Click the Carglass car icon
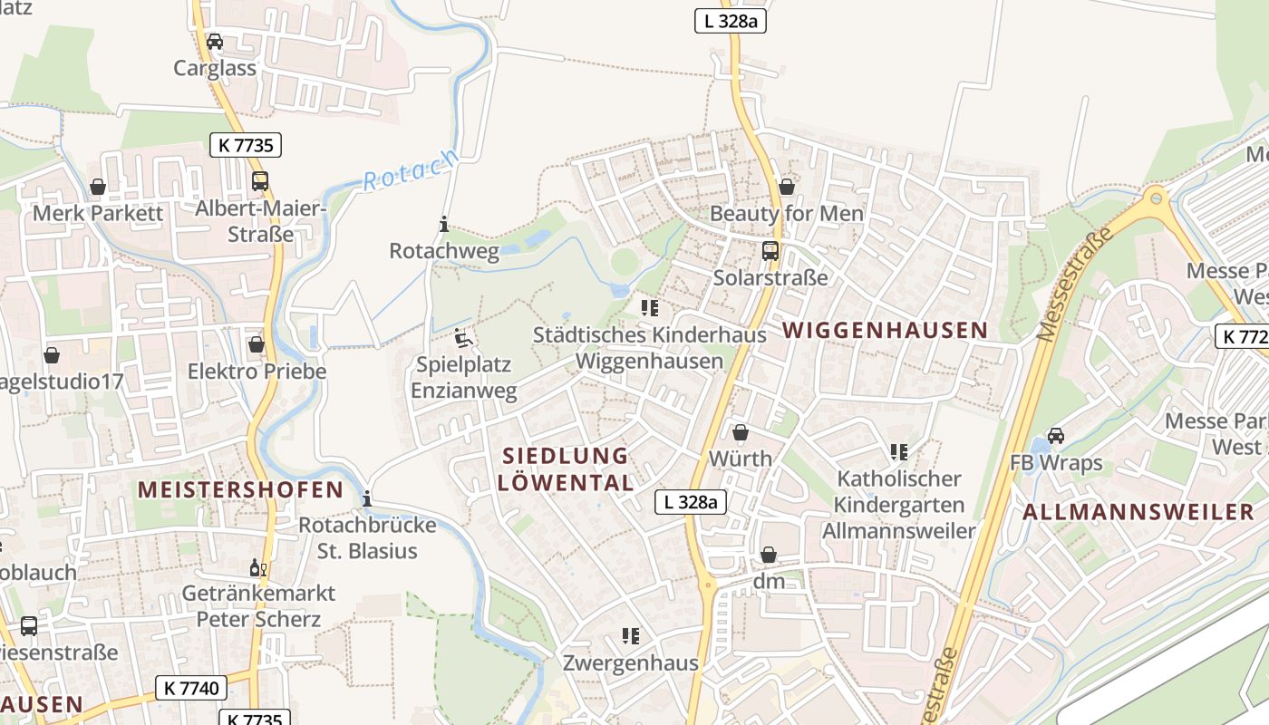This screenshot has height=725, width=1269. click(215, 42)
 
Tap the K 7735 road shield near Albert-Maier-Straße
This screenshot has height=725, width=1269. click(246, 144)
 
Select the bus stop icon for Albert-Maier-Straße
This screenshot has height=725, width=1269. click(260, 181)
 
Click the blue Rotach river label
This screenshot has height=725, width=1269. click(410, 169)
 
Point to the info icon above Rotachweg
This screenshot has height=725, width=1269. click(444, 224)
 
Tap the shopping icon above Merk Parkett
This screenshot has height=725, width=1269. click(97, 187)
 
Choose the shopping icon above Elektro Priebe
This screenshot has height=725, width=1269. click(257, 344)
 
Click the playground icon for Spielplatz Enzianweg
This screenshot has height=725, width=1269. click(464, 339)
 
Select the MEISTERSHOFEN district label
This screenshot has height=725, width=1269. click(240, 490)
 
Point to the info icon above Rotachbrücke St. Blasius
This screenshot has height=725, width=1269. click(367, 498)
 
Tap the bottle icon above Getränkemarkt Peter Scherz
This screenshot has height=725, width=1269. click(257, 567)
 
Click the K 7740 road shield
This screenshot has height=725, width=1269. click(190, 688)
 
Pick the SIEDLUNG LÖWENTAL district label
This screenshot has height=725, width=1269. click(565, 469)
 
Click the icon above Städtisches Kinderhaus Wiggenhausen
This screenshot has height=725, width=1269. click(649, 308)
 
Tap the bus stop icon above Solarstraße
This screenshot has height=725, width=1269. click(770, 251)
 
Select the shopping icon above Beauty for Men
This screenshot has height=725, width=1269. click(786, 187)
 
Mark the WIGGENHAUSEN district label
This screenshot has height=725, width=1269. click(885, 330)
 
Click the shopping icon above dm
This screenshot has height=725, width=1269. click(769, 555)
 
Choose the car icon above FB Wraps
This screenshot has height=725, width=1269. click(1056, 436)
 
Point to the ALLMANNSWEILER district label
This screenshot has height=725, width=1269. click(1138, 512)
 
